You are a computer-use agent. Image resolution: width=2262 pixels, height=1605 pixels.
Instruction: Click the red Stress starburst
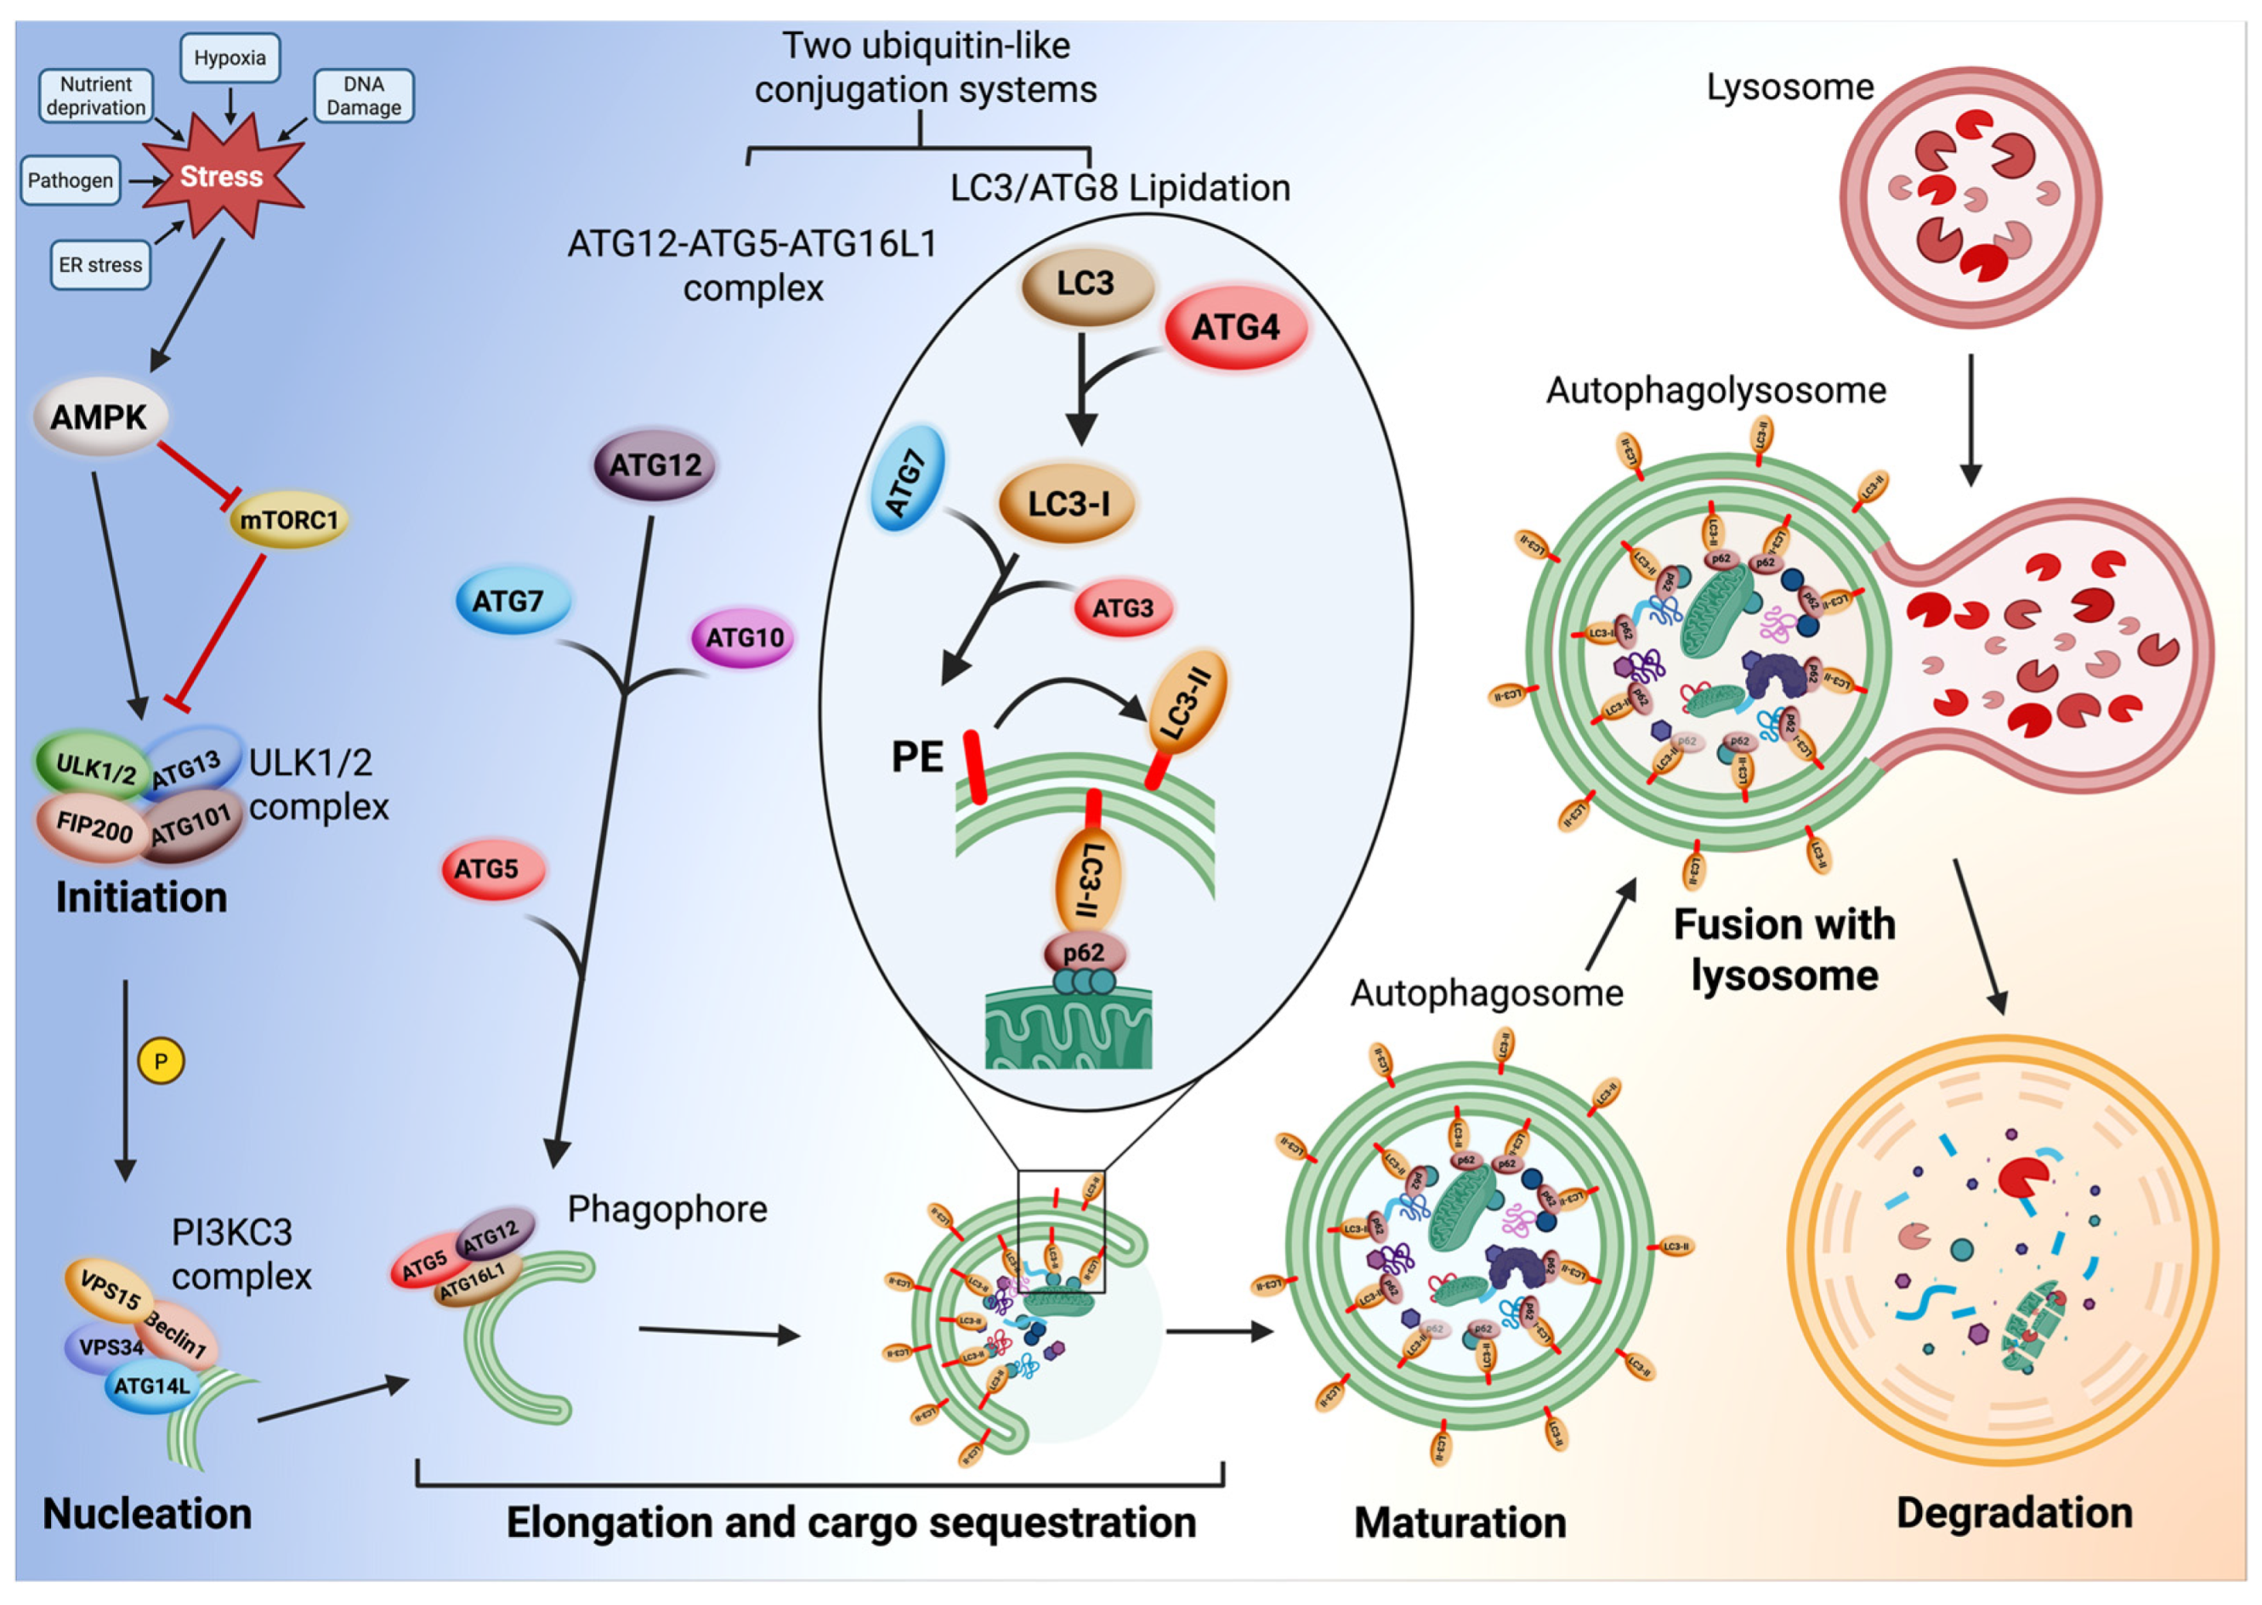pos(222,177)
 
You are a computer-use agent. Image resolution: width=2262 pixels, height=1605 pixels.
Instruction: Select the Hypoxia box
pos(230,57)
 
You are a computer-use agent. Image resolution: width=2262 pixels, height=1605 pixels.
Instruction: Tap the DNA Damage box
pos(364,95)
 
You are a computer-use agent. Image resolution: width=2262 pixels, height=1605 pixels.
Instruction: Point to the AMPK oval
pos(99,417)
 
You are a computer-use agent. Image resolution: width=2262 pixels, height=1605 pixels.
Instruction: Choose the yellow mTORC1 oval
pos(289,520)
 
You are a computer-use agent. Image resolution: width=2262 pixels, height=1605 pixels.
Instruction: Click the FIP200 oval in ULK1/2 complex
pos(94,825)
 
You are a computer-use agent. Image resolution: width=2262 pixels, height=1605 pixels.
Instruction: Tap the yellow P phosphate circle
pos(162,1061)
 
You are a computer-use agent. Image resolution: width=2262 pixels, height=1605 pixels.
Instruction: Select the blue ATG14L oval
pos(151,1386)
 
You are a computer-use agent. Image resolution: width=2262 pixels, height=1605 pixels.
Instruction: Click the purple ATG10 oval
pos(744,637)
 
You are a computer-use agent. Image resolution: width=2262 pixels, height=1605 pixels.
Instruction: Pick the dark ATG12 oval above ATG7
pos(655,465)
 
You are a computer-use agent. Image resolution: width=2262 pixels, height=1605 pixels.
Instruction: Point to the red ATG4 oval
pos(1235,327)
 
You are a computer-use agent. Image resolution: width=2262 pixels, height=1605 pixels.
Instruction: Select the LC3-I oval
pos(1068,504)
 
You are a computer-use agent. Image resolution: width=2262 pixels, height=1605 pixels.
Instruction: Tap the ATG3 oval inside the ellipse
pos(1122,608)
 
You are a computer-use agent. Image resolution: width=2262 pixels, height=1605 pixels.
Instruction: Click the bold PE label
pos(916,757)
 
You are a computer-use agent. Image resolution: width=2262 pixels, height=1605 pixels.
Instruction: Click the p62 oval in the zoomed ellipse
pos(1084,952)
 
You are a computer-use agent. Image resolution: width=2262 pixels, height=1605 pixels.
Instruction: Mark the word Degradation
pos(2014,1513)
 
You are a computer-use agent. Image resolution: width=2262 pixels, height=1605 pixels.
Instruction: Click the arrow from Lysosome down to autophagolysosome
pos(1970,420)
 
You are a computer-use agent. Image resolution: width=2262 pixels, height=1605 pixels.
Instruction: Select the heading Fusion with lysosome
pos(1784,950)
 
